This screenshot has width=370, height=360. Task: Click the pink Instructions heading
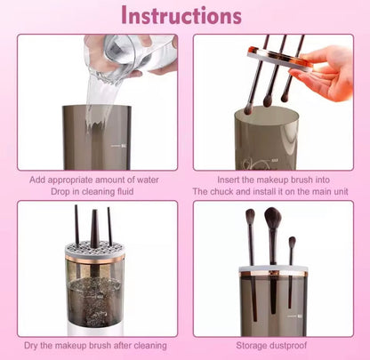(181, 17)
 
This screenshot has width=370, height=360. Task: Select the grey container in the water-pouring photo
(98, 138)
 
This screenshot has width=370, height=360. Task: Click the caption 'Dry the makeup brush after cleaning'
(97, 345)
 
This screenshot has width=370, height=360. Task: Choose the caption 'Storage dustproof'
(272, 345)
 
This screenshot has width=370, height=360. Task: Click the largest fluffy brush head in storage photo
(272, 219)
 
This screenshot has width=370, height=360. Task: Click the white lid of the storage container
(273, 268)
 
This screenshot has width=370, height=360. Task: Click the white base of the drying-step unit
(95, 328)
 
